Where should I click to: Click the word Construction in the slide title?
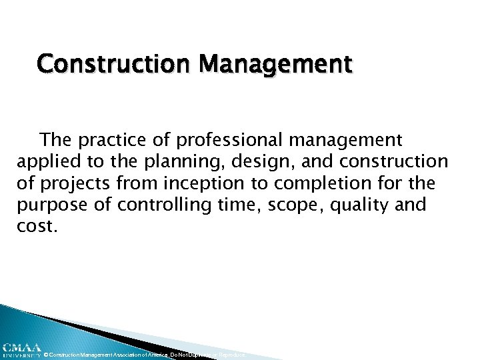click(x=103, y=64)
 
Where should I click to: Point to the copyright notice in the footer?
click(x=143, y=355)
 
